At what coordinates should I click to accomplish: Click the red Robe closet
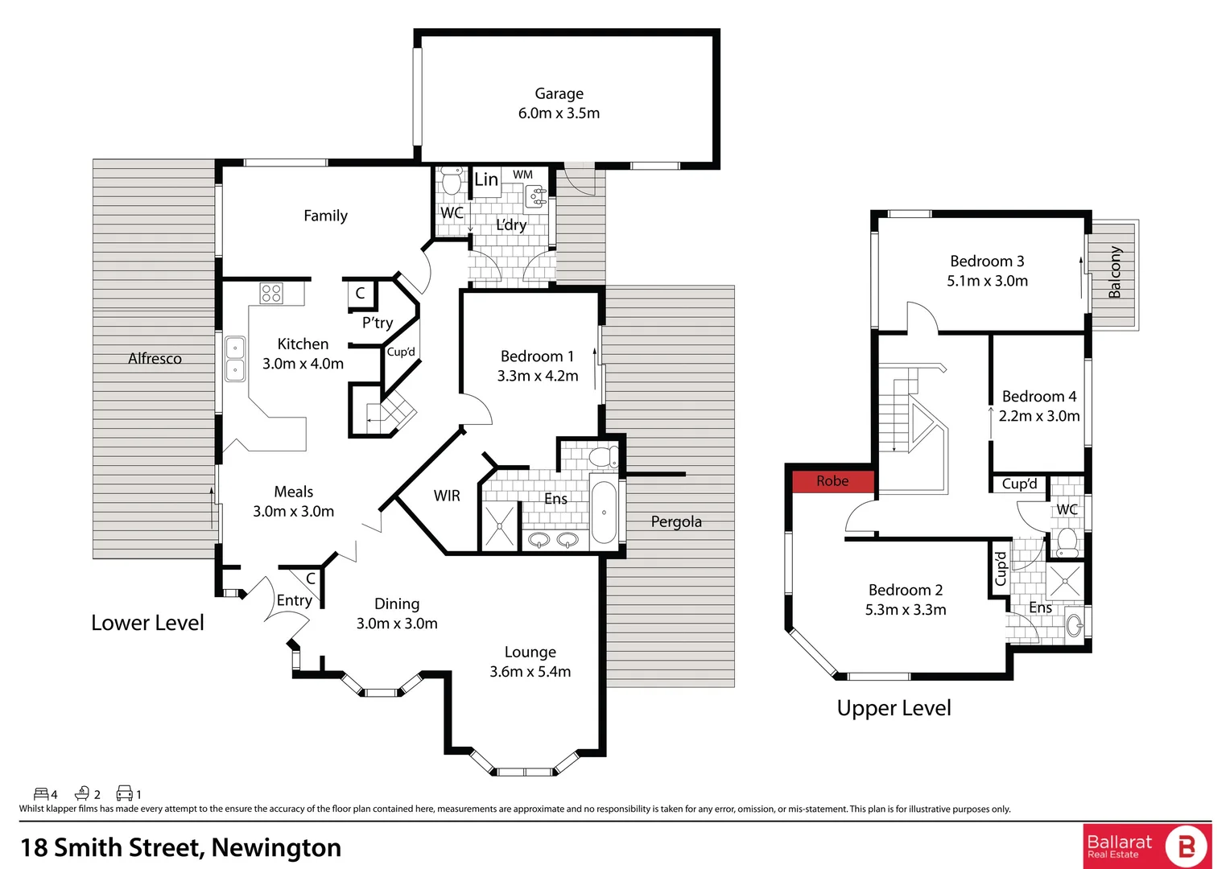point(832,481)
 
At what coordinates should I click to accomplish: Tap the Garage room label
point(559,93)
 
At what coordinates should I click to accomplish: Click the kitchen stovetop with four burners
point(271,293)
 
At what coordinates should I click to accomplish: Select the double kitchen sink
point(235,359)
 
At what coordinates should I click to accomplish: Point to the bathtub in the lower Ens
point(604,513)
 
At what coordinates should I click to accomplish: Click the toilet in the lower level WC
point(452,181)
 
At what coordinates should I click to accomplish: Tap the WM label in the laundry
point(522,175)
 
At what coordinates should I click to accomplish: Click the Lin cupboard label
point(486,179)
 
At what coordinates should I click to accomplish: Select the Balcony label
point(1115,272)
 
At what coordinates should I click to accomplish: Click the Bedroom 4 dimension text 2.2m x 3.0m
point(1039,416)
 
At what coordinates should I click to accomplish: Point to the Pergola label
point(676,521)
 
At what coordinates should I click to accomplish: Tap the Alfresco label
point(155,359)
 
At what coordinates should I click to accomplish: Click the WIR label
point(447,496)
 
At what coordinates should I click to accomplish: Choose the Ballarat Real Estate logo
point(1147,846)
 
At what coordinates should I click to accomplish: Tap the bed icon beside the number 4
point(41,794)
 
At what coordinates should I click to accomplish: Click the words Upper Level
point(894,708)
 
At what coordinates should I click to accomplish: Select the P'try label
point(378,323)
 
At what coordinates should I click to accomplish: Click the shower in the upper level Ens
point(1065,581)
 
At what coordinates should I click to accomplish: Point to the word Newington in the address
point(276,847)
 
